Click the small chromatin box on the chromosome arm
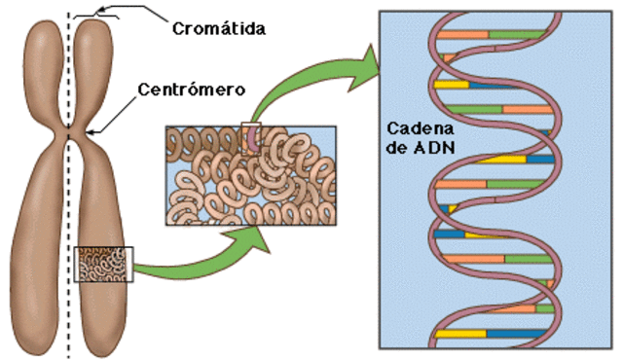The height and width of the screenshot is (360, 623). (104, 264)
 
